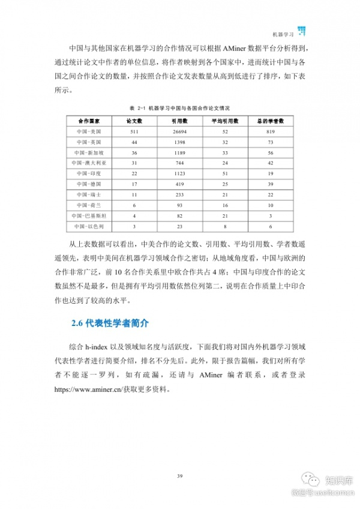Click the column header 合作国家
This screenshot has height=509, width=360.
pos(88,121)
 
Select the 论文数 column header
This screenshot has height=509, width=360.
pos(134,121)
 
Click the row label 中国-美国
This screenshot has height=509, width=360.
pos(88,131)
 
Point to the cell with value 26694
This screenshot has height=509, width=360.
pos(180,131)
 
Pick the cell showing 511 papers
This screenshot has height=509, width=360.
pos(134,131)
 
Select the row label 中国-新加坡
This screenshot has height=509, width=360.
pos(88,152)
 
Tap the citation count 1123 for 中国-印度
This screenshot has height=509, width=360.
pos(180,173)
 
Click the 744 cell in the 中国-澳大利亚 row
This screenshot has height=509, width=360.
pos(180,163)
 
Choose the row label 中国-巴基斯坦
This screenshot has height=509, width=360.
pos(88,215)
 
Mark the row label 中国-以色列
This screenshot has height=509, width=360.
pos(88,226)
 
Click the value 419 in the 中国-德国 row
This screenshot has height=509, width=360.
pos(180,184)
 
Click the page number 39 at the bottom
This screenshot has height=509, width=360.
pos(179,476)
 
